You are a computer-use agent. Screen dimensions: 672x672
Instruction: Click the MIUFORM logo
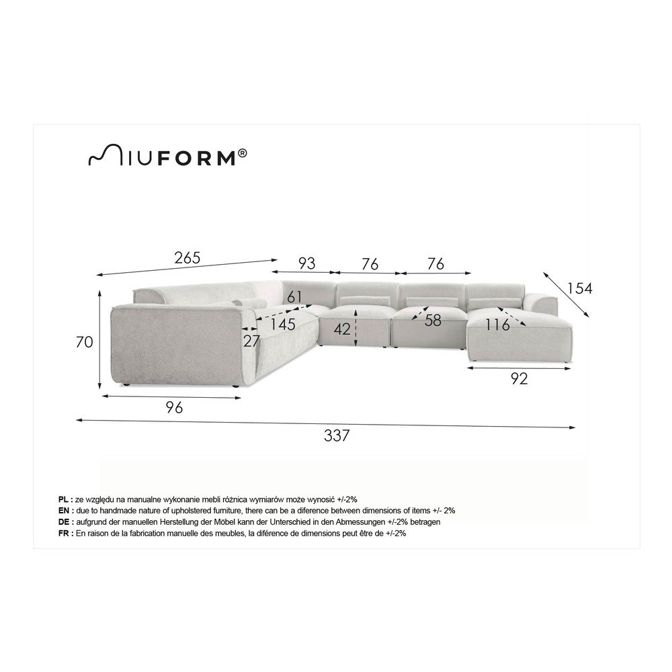pyautogui.click(x=167, y=156)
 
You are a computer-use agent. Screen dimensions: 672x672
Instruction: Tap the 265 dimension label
pyautogui.click(x=187, y=257)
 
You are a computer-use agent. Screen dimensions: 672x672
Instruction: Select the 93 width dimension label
pyautogui.click(x=306, y=263)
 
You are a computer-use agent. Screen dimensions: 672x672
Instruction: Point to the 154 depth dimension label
pyautogui.click(x=579, y=288)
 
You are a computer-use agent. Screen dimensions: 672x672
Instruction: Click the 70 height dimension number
pyautogui.click(x=85, y=342)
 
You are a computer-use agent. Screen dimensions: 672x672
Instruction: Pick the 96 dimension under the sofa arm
pyautogui.click(x=174, y=407)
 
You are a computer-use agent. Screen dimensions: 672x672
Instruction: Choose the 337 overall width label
pyautogui.click(x=337, y=435)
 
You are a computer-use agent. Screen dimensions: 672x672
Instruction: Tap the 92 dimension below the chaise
pyautogui.click(x=519, y=378)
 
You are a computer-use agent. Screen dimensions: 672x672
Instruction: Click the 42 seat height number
pyautogui.click(x=342, y=329)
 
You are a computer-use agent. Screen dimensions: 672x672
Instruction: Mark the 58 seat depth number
pyautogui.click(x=433, y=320)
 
